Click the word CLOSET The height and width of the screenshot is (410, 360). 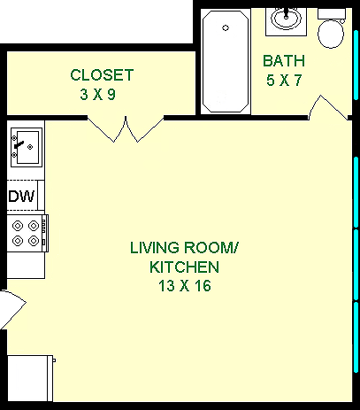pyautogui.click(x=102, y=74)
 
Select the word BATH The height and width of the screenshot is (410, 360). pyautogui.click(x=284, y=61)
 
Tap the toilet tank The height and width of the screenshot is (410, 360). pyautogui.click(x=332, y=13)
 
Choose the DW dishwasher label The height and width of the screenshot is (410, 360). pyautogui.click(x=21, y=197)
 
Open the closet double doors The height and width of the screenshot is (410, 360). pyautogui.click(x=122, y=131)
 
